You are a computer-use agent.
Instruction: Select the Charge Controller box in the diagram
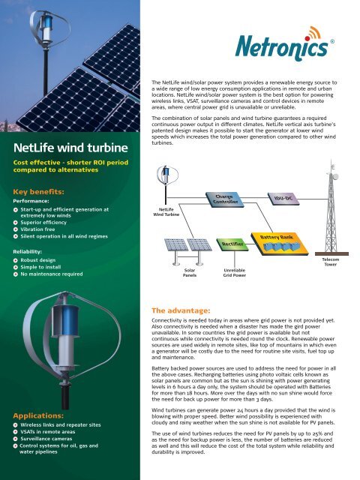[x=225, y=199]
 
